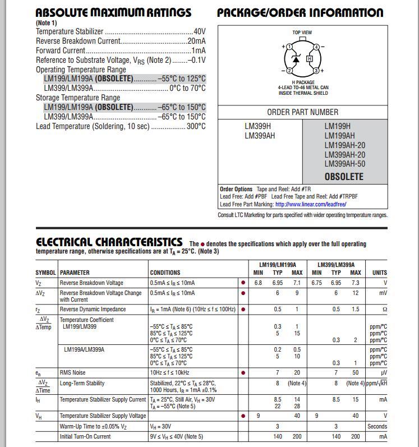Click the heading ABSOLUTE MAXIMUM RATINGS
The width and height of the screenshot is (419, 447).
click(113, 12)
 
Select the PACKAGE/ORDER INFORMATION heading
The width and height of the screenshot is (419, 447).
click(300, 12)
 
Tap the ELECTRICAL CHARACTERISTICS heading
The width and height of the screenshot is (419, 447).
click(109, 242)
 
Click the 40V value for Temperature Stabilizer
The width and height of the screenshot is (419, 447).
click(199, 32)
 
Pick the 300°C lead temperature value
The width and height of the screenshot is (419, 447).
click(196, 126)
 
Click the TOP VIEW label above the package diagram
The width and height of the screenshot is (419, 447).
click(302, 33)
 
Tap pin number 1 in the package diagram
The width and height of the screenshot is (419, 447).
click(289, 47)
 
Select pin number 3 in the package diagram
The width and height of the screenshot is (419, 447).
click(316, 71)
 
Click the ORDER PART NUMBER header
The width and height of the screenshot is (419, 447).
click(302, 112)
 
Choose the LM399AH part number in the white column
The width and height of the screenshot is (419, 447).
click(260, 136)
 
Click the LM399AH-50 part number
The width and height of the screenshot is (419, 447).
click(344, 164)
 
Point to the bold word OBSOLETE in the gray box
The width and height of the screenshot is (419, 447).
click(344, 177)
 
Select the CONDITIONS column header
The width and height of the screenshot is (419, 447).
click(165, 273)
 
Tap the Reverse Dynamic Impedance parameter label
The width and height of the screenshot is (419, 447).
click(94, 309)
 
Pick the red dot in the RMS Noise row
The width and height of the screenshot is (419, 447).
click(243, 372)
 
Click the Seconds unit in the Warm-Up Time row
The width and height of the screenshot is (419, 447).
click(377, 426)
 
